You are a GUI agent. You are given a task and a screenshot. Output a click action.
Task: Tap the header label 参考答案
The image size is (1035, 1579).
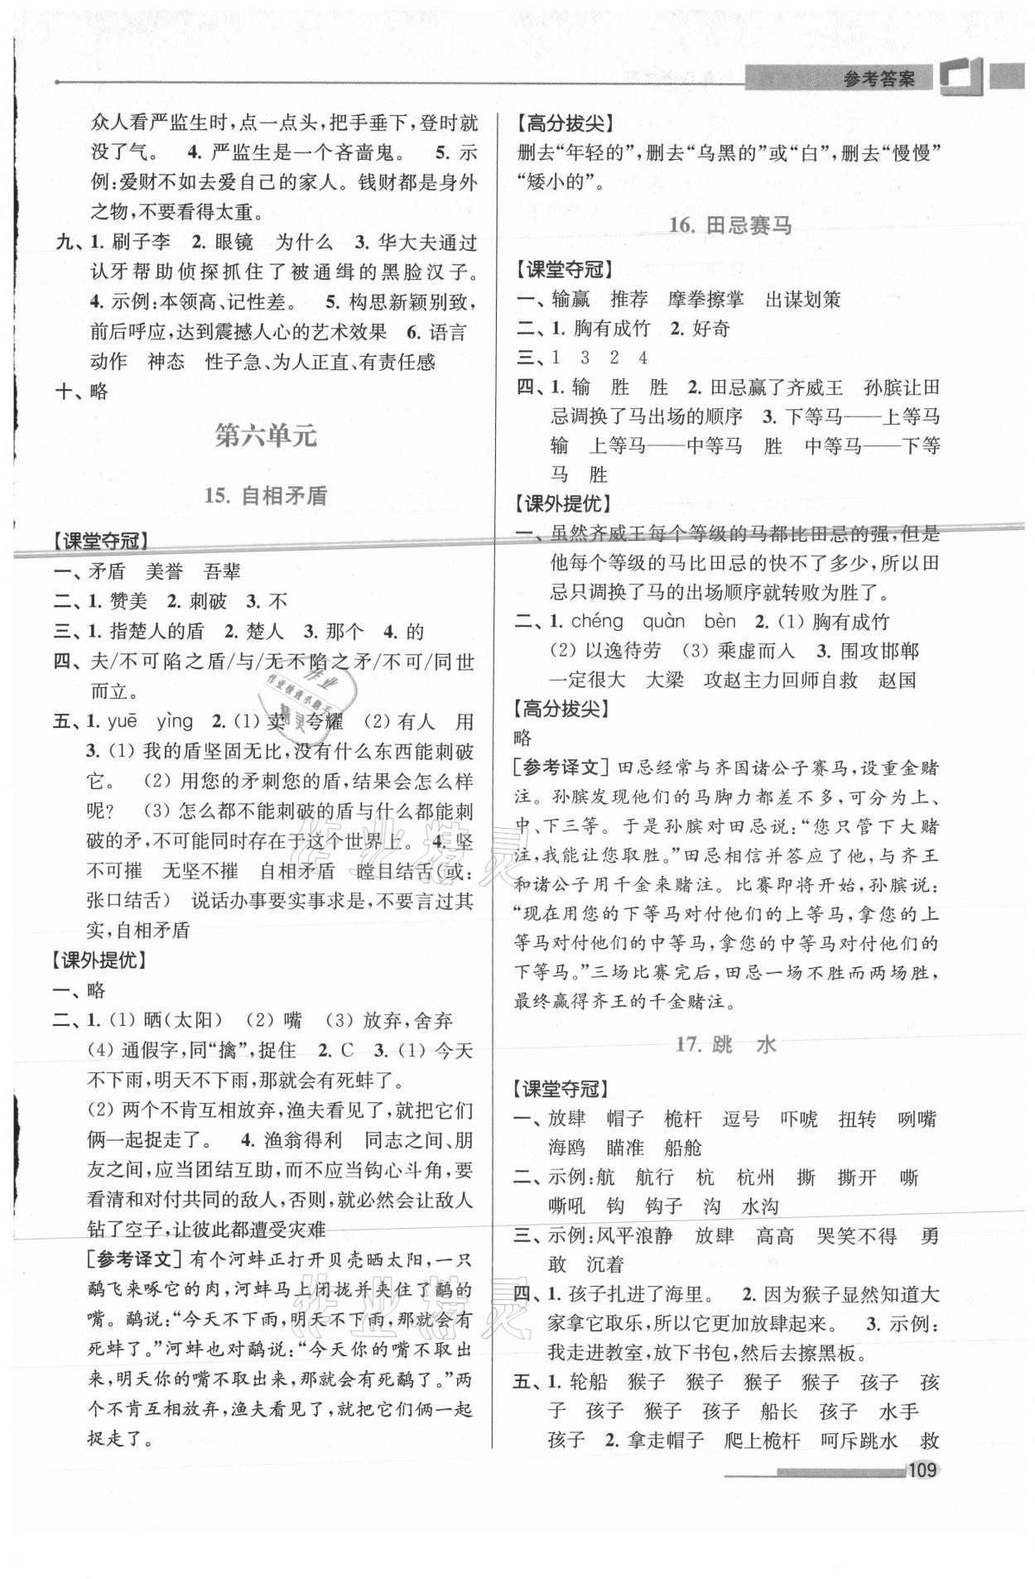[879, 79]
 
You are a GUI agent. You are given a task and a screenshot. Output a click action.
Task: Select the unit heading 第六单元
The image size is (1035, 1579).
[266, 436]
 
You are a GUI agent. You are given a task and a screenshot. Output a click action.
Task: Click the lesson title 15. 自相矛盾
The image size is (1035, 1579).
[266, 496]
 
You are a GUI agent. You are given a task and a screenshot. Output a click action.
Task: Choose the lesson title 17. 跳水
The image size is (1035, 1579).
[725, 1045]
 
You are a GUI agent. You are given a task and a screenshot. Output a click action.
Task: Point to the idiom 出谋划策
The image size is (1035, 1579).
[802, 300]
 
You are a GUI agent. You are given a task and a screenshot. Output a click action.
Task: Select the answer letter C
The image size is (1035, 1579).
[348, 1051]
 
